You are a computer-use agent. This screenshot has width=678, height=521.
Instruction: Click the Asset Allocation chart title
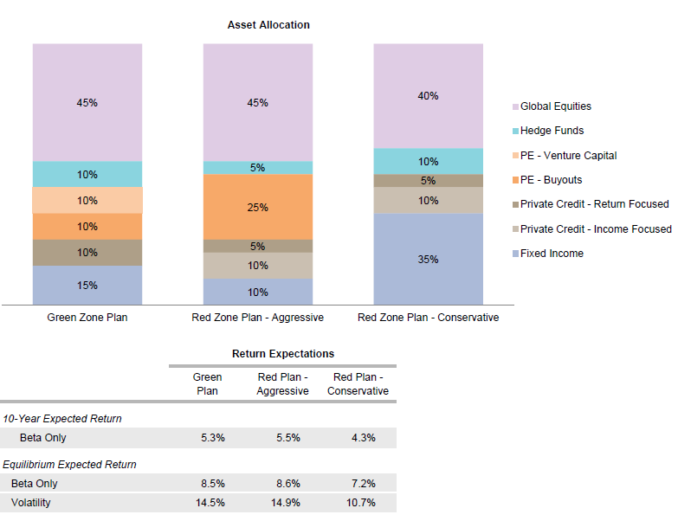click(268, 25)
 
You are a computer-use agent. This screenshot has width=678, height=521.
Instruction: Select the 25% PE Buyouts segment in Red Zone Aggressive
click(257, 208)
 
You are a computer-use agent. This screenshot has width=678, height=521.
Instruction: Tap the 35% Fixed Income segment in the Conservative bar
click(428, 259)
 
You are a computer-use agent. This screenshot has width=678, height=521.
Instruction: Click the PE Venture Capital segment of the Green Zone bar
click(87, 201)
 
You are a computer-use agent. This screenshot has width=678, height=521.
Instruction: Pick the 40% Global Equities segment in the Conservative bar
click(428, 96)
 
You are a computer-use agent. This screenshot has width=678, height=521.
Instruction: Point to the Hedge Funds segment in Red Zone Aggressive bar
click(257, 168)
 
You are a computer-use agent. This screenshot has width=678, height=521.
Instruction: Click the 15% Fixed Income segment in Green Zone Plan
click(87, 285)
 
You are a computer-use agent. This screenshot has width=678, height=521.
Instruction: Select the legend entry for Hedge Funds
click(552, 131)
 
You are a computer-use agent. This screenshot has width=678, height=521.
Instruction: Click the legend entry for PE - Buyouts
click(551, 180)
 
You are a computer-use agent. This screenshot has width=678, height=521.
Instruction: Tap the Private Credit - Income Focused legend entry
click(595, 229)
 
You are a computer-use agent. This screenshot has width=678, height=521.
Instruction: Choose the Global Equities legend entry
click(555, 106)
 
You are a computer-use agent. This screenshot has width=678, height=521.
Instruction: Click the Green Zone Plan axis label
click(87, 318)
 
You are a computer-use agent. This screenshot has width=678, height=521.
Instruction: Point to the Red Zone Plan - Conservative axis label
click(428, 318)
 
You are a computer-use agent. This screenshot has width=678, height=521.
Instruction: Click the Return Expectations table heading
click(283, 354)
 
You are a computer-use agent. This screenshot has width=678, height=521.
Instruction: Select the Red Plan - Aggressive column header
click(283, 384)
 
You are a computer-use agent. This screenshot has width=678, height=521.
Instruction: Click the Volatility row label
click(31, 502)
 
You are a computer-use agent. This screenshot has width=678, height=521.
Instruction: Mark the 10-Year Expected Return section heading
click(62, 419)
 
